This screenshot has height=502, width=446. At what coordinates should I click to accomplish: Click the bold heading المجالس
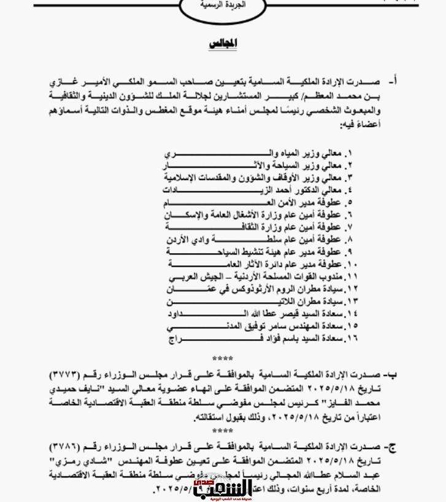[223, 44]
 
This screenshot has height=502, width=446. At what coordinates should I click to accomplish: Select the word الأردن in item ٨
[178, 240]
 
